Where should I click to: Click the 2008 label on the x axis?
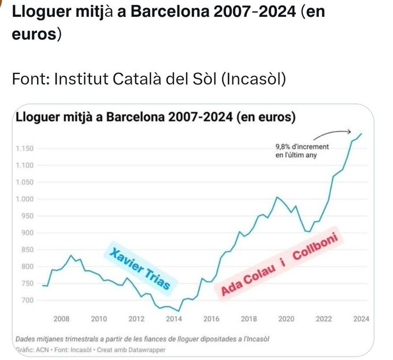(x=61, y=318)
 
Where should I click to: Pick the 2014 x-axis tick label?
(x=174, y=318)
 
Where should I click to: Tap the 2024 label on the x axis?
(x=361, y=318)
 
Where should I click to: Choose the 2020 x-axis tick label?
(x=286, y=318)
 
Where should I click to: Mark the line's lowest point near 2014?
(x=179, y=311)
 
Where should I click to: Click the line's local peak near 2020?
(x=278, y=197)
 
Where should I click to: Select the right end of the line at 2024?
(x=362, y=133)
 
